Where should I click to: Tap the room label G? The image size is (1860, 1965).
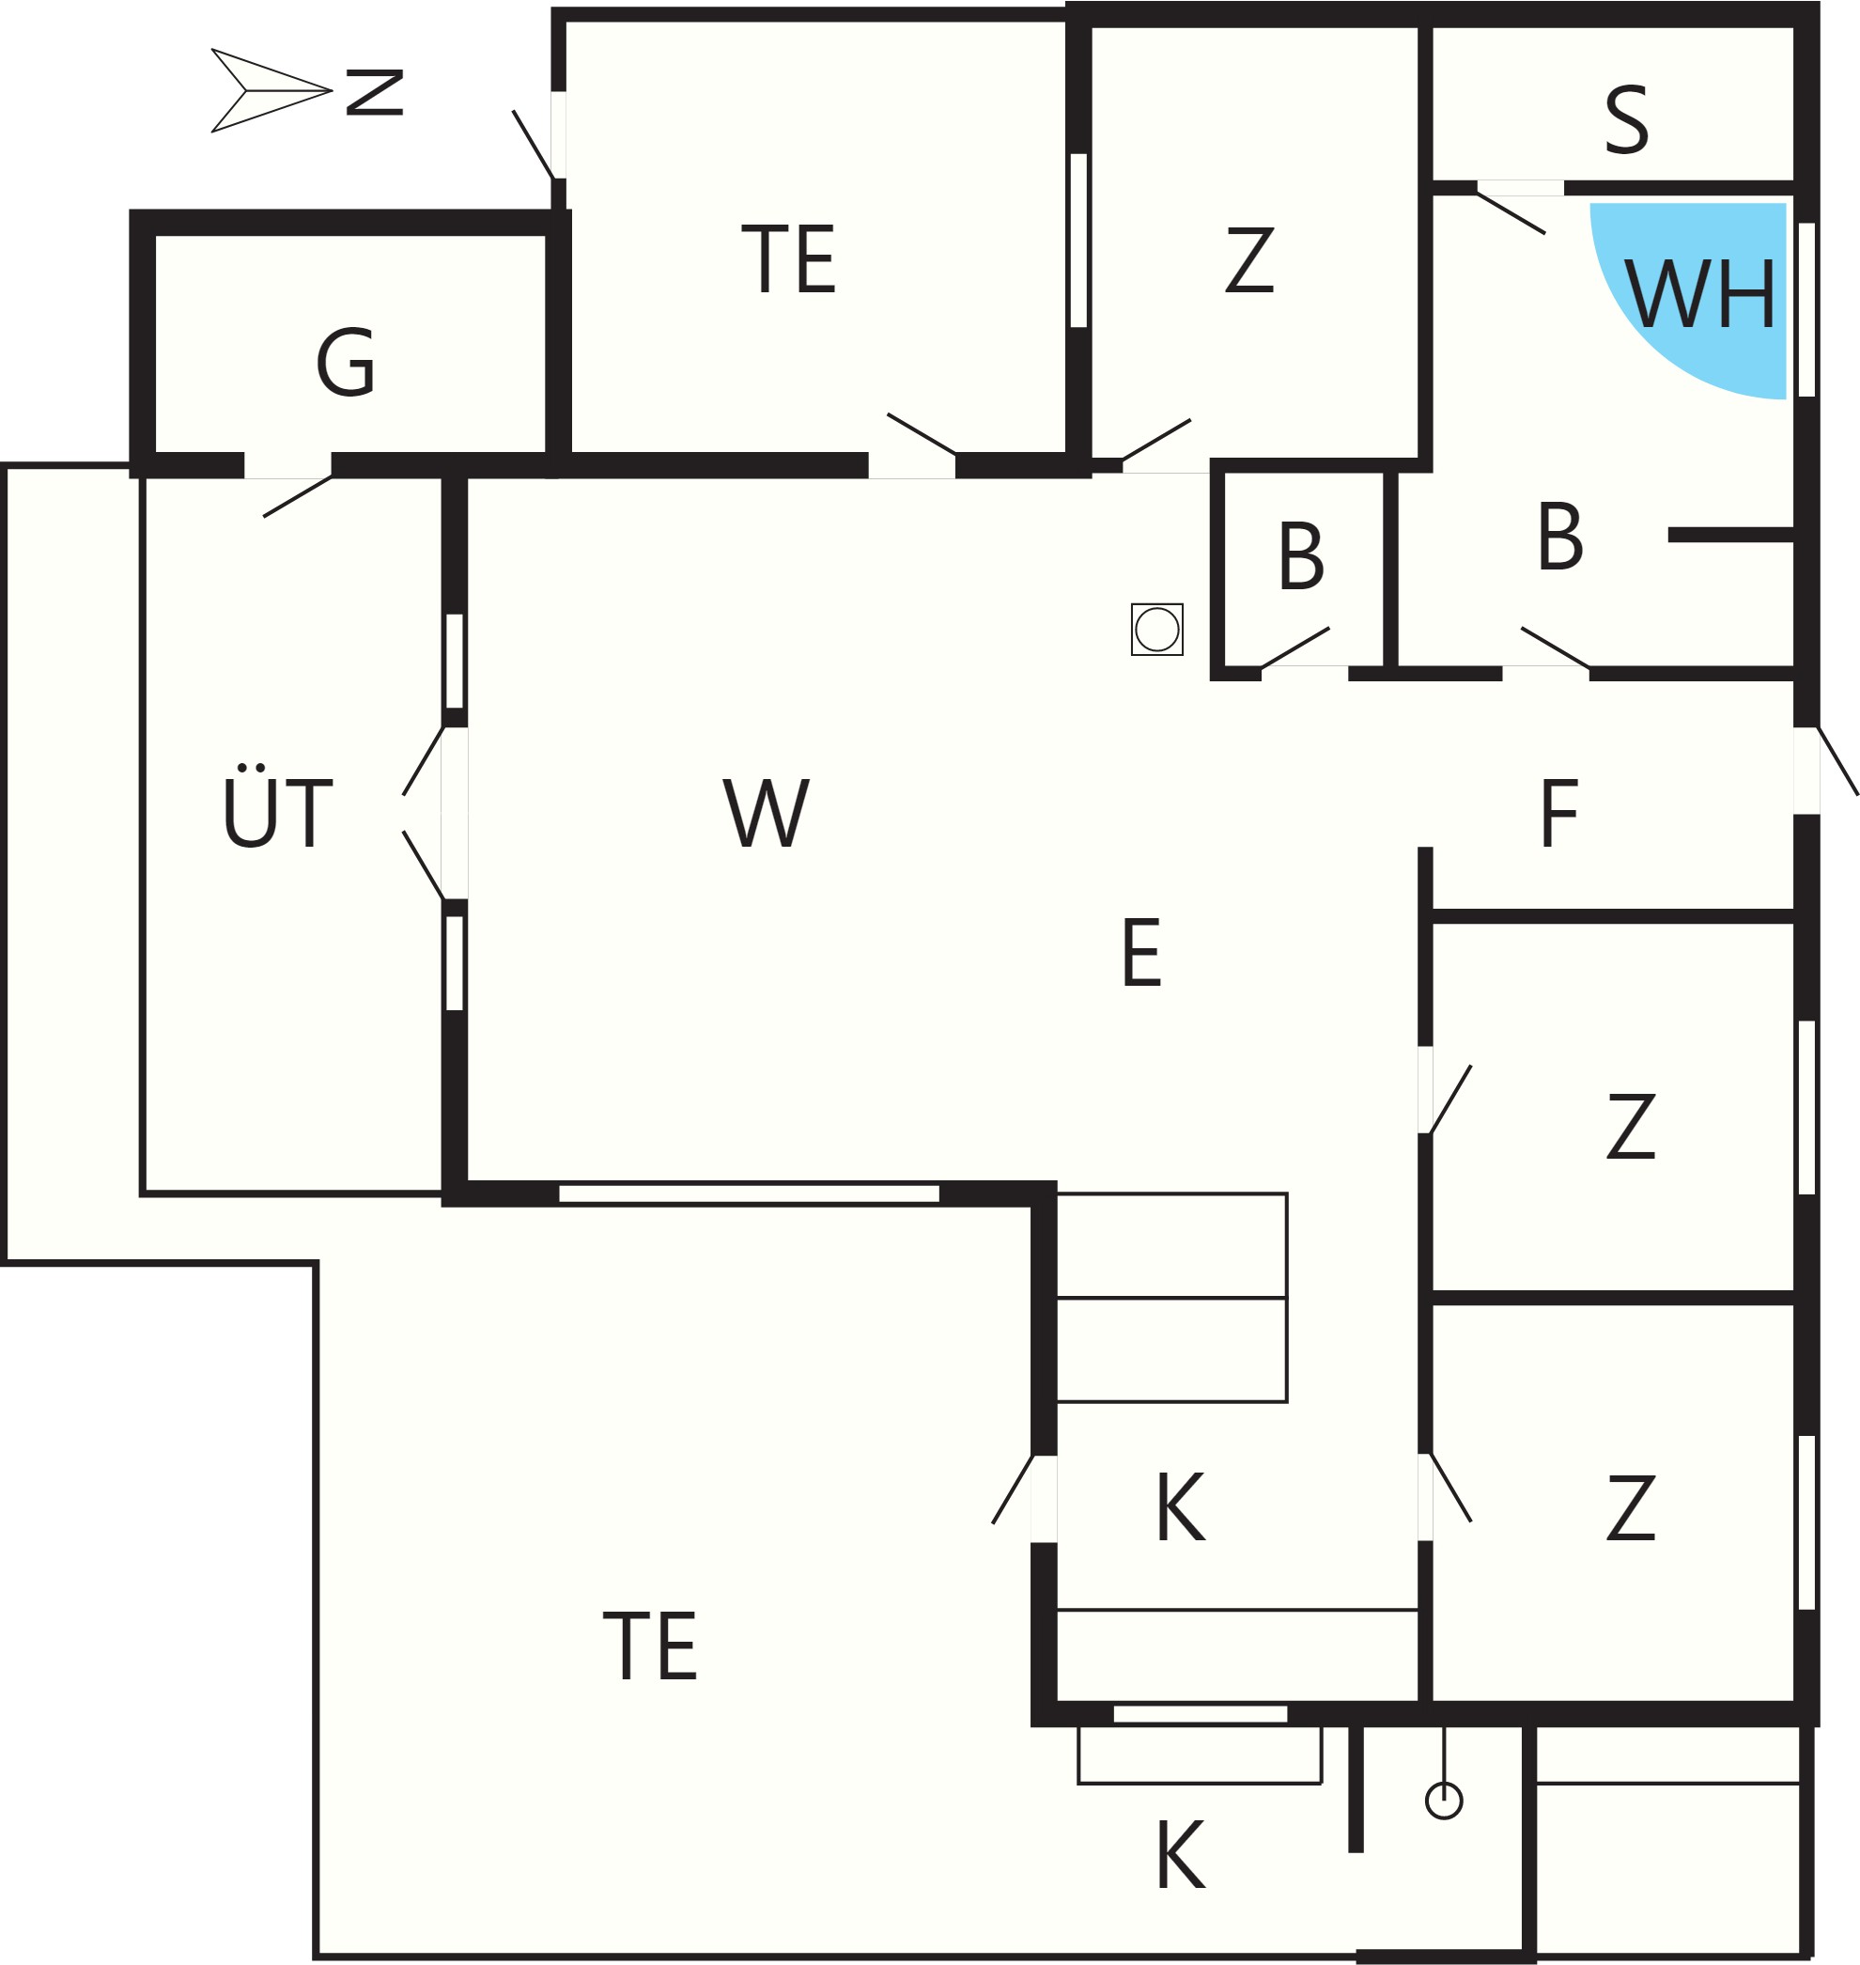[345, 362]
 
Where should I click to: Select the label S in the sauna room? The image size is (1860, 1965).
[1627, 120]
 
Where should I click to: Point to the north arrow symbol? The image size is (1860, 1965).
[271, 90]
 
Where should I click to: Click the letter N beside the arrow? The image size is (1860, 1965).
[375, 92]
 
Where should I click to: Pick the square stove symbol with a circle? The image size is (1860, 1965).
[1157, 629]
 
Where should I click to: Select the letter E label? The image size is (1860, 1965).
[1141, 952]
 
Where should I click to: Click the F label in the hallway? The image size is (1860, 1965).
[1558, 814]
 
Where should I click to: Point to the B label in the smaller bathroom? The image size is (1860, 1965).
[1301, 555]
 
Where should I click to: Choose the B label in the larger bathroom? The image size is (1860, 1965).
[1559, 537]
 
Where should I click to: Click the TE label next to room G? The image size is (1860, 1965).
[788, 258]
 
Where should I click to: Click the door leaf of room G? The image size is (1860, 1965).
[298, 497]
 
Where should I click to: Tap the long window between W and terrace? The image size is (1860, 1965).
[749, 1193]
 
